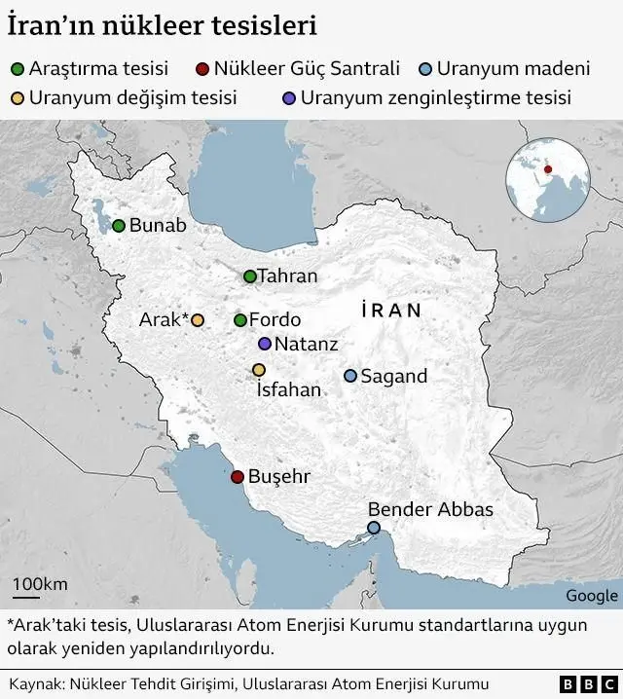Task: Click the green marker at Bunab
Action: (x=119, y=226)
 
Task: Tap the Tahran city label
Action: (x=287, y=276)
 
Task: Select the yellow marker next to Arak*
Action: (x=198, y=320)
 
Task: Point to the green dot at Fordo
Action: (x=240, y=320)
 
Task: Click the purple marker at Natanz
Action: (x=265, y=344)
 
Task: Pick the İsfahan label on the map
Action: (x=287, y=390)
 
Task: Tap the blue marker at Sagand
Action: (x=350, y=376)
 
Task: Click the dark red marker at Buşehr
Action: (x=237, y=477)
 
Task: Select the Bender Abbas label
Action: (x=430, y=509)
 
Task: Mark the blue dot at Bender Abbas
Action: (x=374, y=528)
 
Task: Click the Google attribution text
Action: (x=591, y=596)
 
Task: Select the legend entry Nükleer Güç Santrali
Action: (x=308, y=69)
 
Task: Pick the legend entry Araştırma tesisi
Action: (x=97, y=69)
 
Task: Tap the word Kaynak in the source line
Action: (x=33, y=684)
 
